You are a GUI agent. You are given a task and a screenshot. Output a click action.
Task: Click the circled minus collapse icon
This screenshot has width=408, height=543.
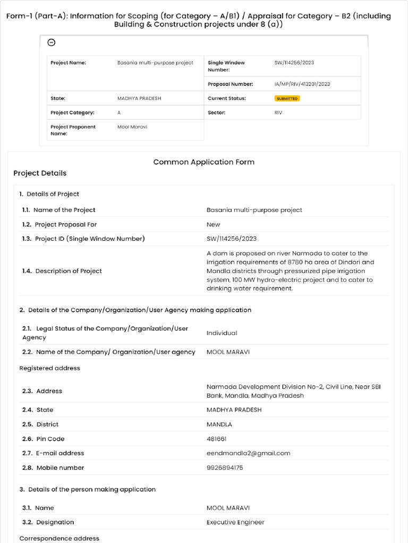coord(52,43)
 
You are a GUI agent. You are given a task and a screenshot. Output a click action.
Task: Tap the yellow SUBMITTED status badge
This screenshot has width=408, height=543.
coord(287,99)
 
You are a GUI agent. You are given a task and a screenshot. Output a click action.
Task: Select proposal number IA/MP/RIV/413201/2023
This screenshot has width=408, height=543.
coord(302,84)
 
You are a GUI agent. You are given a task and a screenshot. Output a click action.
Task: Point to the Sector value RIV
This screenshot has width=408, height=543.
coord(278,113)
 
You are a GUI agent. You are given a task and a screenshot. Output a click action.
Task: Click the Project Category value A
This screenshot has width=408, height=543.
coord(119,113)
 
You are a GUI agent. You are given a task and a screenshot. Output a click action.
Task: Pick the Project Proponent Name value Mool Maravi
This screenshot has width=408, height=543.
coord(132,127)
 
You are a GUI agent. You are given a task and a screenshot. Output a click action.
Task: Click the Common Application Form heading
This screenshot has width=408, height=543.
coord(203,162)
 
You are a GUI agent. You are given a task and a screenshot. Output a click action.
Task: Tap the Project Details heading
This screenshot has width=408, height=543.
coord(40,173)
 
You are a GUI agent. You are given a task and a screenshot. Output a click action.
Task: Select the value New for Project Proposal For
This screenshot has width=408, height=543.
coord(213,224)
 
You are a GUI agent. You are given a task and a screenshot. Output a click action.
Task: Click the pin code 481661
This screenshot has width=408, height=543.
coord(217,439)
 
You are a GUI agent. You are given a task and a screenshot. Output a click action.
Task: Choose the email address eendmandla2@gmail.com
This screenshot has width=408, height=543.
coord(248,453)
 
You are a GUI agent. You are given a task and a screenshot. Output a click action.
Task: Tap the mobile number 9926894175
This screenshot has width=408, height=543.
coord(225,468)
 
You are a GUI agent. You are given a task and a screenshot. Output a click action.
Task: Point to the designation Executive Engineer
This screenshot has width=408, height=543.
coord(235,522)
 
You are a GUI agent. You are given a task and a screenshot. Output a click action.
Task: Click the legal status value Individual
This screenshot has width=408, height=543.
coord(222,333)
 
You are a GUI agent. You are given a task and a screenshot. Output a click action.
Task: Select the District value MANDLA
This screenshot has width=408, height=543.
coord(219,424)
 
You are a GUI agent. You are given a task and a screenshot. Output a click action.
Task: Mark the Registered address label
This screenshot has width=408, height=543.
coord(49,368)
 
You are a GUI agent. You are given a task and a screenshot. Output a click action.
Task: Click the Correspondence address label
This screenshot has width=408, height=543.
coord(59,538)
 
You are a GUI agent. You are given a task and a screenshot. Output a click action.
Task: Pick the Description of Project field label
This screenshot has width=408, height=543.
coord(68,271)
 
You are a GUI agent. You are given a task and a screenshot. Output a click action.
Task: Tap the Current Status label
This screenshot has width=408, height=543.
coord(227,99)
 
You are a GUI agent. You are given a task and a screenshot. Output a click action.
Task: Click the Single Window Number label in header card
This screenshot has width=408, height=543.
coord(226,66)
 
